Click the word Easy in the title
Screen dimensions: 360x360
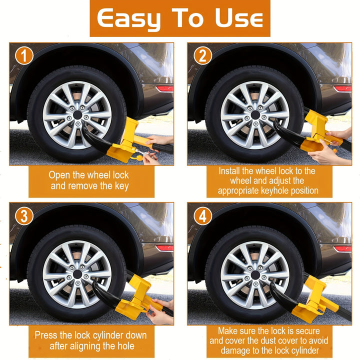pyautogui.click(x=128, y=19)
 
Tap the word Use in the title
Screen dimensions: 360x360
pyautogui.click(x=239, y=18)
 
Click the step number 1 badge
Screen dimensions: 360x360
pyautogui.click(x=24, y=55)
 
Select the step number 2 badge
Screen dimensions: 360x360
pyautogui.click(x=202, y=55)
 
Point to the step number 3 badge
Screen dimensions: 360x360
pyautogui.click(x=24, y=216)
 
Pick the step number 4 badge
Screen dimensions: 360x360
pyautogui.click(x=202, y=216)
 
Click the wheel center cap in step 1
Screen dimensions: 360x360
pyautogui.click(x=77, y=115)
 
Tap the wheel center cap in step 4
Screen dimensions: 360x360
pyautogui.click(x=255, y=275)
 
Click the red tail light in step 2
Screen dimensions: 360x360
pyautogui.click(x=342, y=88)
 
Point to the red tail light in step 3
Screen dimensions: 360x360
pyautogui.click(x=164, y=248)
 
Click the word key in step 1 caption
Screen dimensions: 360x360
pyautogui.click(x=121, y=186)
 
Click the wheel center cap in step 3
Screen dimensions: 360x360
pyautogui.click(x=77, y=274)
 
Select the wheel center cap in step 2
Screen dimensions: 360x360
pyautogui.click(x=255, y=115)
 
